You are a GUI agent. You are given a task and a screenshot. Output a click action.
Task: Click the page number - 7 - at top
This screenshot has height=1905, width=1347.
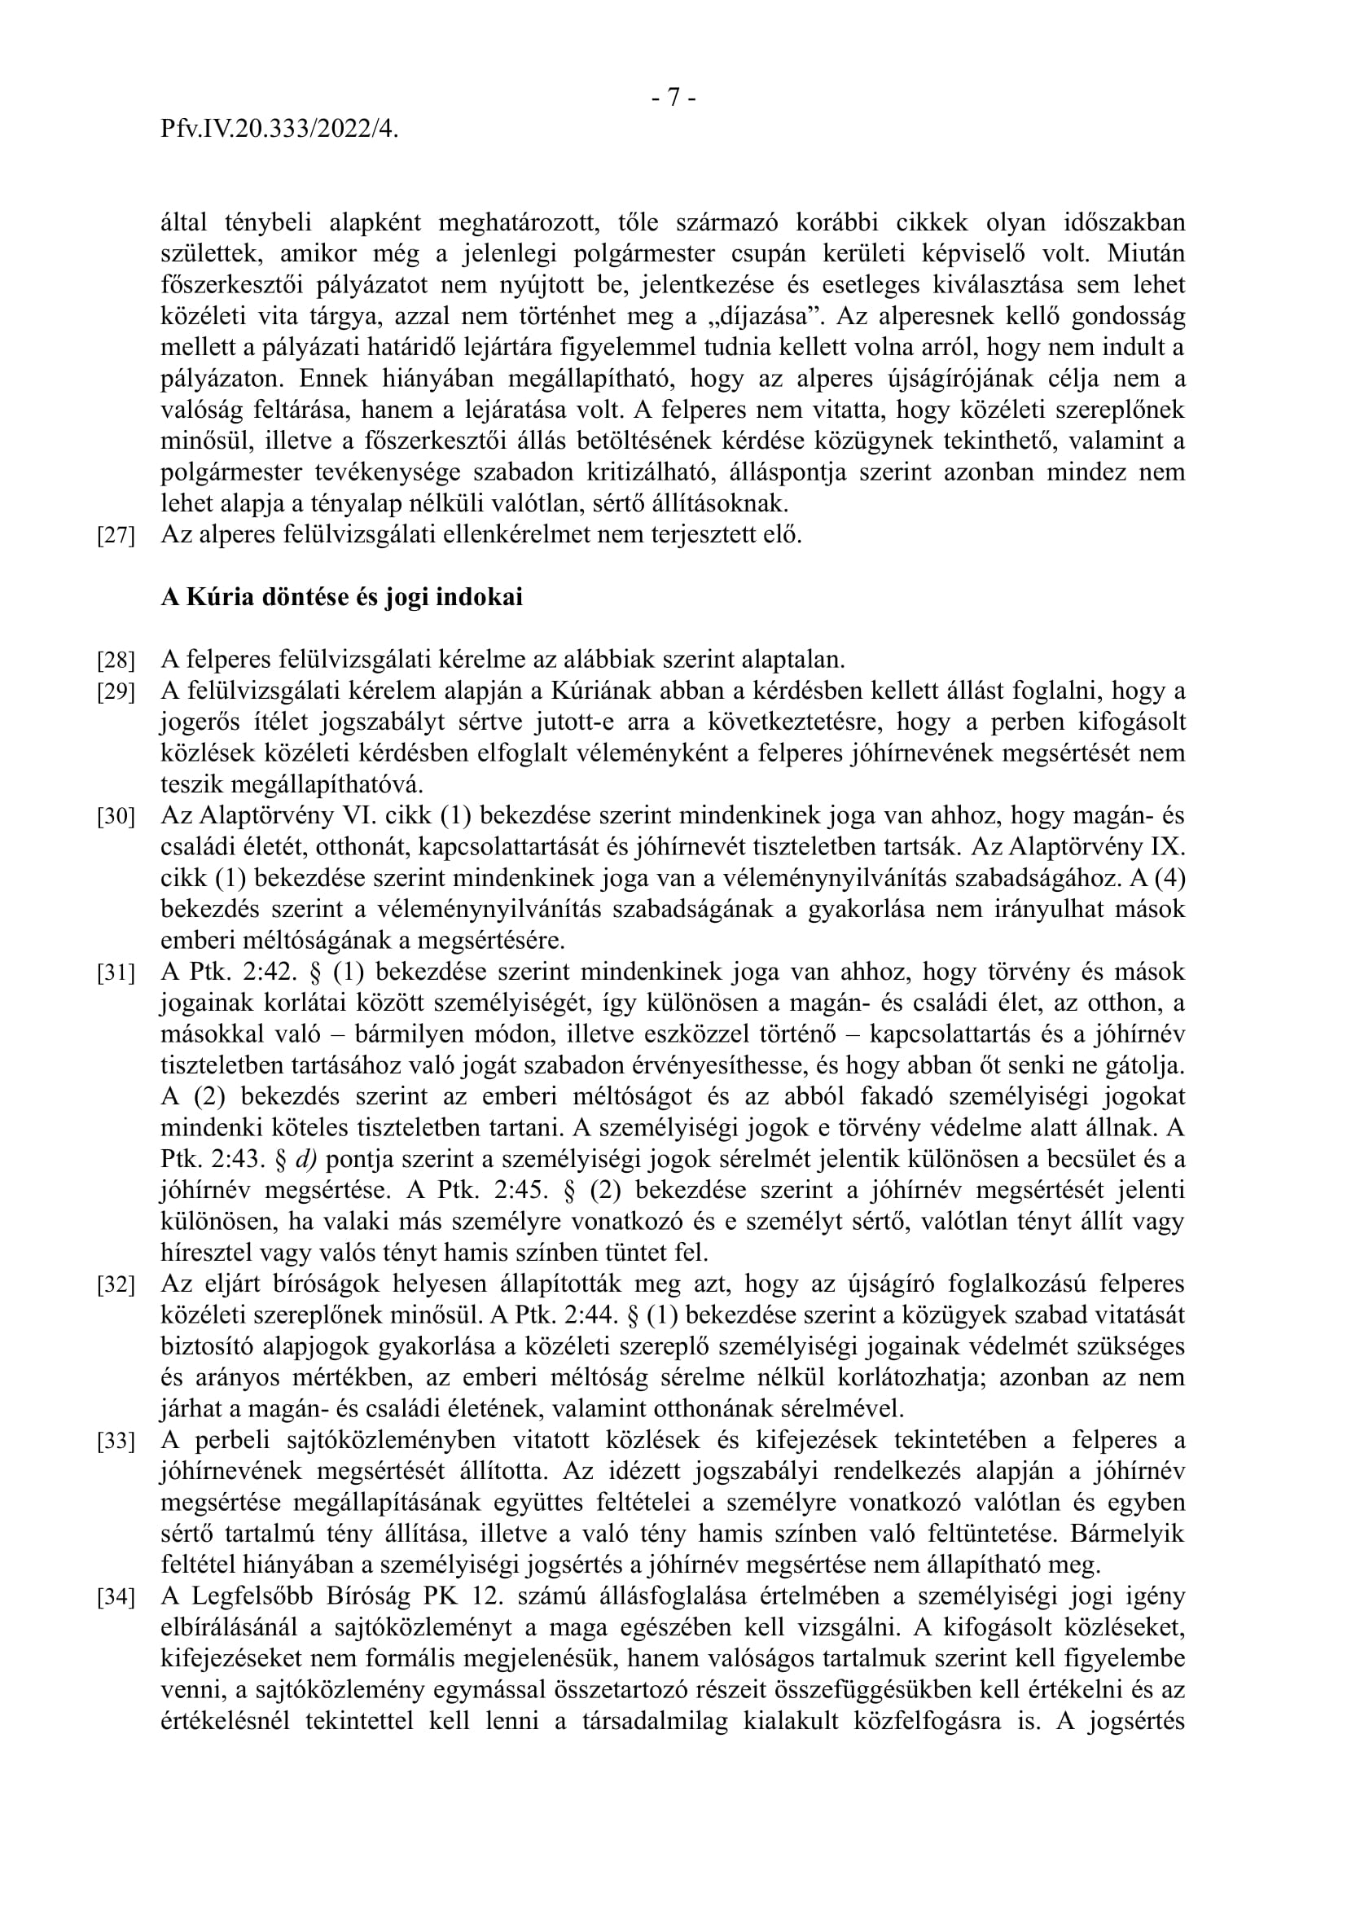click(x=673, y=98)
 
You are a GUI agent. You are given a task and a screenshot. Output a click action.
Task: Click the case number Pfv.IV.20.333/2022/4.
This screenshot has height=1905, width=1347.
click(x=279, y=129)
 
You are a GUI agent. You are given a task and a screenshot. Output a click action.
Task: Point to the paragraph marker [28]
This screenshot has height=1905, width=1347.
click(x=116, y=661)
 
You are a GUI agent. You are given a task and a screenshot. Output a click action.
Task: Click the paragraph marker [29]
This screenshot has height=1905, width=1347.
click(x=116, y=692)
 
